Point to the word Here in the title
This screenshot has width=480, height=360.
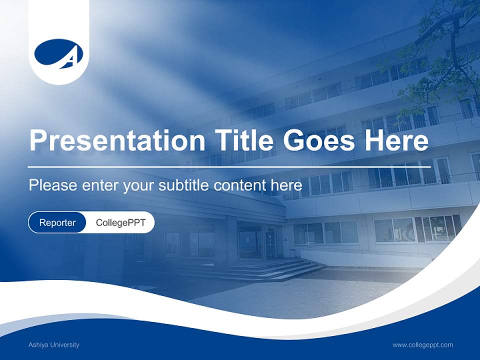pos(396,140)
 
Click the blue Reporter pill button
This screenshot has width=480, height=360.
pos(57,222)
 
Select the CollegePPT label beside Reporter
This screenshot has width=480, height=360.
pos(120,222)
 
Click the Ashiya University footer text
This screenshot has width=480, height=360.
pos(54,344)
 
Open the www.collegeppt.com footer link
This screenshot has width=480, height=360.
pos(422,344)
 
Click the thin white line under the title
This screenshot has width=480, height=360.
pos(225,166)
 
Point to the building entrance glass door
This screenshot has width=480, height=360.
pos(270,242)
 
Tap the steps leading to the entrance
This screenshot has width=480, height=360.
pos(280,270)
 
